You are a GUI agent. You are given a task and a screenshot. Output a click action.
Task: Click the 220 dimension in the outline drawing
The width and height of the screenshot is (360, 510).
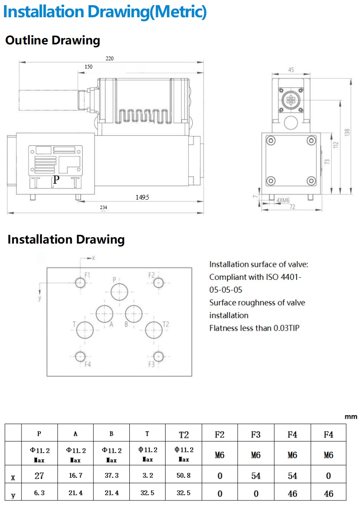point(110,58)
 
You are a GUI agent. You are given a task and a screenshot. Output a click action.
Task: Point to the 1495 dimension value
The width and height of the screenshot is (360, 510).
point(142,197)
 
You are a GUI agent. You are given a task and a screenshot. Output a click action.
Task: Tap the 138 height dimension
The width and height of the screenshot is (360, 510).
point(347,133)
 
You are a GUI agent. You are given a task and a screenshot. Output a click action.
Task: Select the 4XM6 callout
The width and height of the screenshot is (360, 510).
point(283,200)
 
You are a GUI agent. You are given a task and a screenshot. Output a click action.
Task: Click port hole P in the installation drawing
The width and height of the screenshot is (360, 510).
point(119,292)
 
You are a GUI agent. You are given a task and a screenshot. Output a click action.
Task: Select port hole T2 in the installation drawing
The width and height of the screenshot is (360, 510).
point(154,330)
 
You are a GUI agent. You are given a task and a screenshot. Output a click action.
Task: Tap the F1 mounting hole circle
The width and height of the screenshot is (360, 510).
point(81,283)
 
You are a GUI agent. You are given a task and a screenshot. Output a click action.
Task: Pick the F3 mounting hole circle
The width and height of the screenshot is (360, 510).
point(158,356)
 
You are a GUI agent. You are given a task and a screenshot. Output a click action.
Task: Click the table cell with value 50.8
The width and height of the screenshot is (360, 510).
point(184,476)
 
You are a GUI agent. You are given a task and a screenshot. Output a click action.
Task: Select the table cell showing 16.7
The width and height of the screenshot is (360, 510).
point(75,476)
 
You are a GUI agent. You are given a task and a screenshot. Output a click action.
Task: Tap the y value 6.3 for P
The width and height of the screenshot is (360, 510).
point(39,493)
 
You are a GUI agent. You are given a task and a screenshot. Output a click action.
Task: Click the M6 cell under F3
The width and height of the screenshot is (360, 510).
point(256,455)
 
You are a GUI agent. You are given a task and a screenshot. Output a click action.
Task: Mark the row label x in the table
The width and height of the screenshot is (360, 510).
point(13,477)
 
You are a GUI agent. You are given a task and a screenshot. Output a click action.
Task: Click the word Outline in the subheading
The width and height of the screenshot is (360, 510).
point(26,41)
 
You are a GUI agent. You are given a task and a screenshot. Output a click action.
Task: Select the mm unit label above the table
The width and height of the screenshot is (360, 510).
point(351,417)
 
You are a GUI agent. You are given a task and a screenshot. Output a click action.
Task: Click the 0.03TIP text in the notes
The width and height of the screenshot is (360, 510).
point(286,328)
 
